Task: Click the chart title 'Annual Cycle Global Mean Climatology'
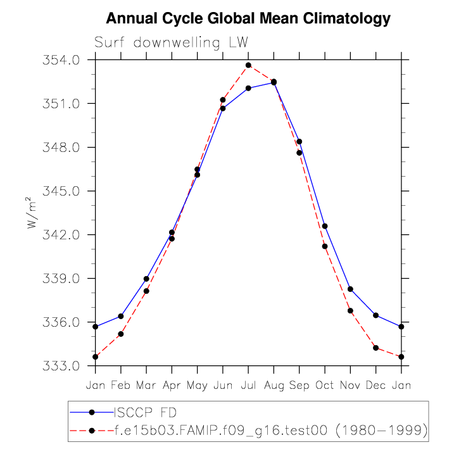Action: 248,19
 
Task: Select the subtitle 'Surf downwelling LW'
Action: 171,43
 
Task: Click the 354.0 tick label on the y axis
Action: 62,60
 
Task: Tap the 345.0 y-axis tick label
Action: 62,191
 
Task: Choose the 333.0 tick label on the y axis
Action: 62,366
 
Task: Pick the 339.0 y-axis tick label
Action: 62,279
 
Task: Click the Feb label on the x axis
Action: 120,385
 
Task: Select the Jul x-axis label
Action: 248,385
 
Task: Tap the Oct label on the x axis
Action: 325,385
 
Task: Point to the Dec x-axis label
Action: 375,385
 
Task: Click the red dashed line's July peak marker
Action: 248,65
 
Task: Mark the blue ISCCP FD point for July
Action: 248,88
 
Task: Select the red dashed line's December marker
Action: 375,348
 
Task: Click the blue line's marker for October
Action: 325,226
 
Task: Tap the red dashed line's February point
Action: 121,334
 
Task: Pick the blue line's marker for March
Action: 146,279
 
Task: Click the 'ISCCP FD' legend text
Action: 137,413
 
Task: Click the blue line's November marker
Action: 350,289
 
